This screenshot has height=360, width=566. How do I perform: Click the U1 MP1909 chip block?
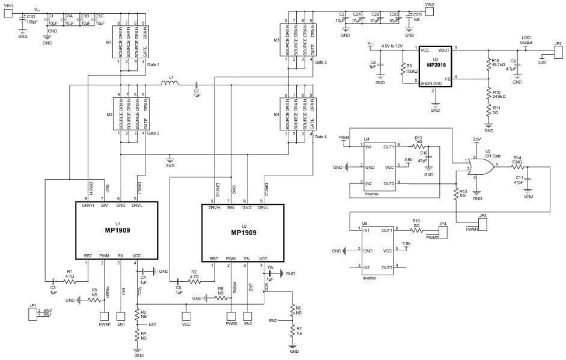coord(116,229)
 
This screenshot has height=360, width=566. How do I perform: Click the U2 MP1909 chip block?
coord(243,230)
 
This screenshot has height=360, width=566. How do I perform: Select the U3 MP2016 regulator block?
coord(435,66)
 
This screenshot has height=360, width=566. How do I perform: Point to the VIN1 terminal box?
coord(8,12)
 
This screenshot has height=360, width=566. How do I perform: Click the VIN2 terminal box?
coord(429,11)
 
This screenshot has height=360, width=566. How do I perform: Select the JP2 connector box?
coord(558,52)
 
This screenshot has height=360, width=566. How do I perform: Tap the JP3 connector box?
coord(482,224)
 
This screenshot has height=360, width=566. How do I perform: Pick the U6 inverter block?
coord(377,250)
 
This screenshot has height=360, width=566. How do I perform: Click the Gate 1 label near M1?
coord(153,64)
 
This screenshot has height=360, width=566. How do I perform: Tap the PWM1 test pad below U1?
coord(104,316)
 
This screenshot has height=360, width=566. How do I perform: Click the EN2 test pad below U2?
coord(248,316)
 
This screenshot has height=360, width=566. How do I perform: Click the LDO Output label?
coord(526,40)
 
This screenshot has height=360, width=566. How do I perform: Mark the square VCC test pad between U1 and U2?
coord(186,316)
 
